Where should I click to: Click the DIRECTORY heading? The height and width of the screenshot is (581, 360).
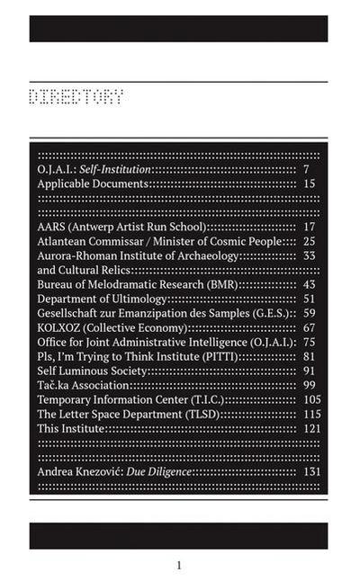click(76, 96)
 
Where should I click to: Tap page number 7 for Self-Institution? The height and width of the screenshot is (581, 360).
click(307, 169)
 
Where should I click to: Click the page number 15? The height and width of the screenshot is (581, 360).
click(309, 183)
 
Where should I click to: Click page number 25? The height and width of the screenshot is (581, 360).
click(309, 241)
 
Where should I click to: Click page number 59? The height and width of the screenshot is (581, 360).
click(309, 313)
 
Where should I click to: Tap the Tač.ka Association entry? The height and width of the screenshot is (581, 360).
click(83, 385)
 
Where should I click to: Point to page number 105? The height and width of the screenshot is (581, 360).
click(311, 399)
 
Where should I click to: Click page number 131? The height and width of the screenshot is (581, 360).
click(311, 471)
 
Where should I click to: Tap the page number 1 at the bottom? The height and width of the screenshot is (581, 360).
click(179, 565)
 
